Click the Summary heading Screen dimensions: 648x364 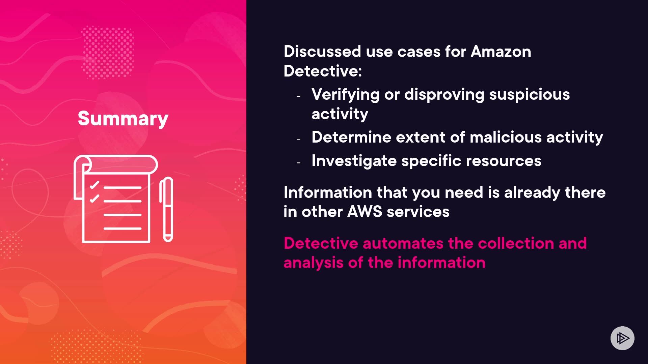click(x=123, y=119)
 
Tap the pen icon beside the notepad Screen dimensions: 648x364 click(x=166, y=209)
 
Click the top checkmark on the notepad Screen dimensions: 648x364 click(x=94, y=185)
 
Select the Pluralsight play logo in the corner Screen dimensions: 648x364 click(x=622, y=338)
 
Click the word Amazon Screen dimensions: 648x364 click(x=501, y=52)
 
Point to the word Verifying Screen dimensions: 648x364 click(x=346, y=95)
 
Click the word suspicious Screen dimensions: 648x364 click(x=530, y=94)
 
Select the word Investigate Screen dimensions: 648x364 click(x=354, y=161)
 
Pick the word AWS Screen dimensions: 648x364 click(x=365, y=212)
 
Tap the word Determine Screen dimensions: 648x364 click(x=351, y=137)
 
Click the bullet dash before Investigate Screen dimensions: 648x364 click(x=299, y=163)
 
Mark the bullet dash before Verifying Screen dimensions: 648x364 click(x=299, y=96)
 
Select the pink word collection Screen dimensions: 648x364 click(x=516, y=243)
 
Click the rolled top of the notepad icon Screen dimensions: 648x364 click(x=116, y=164)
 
